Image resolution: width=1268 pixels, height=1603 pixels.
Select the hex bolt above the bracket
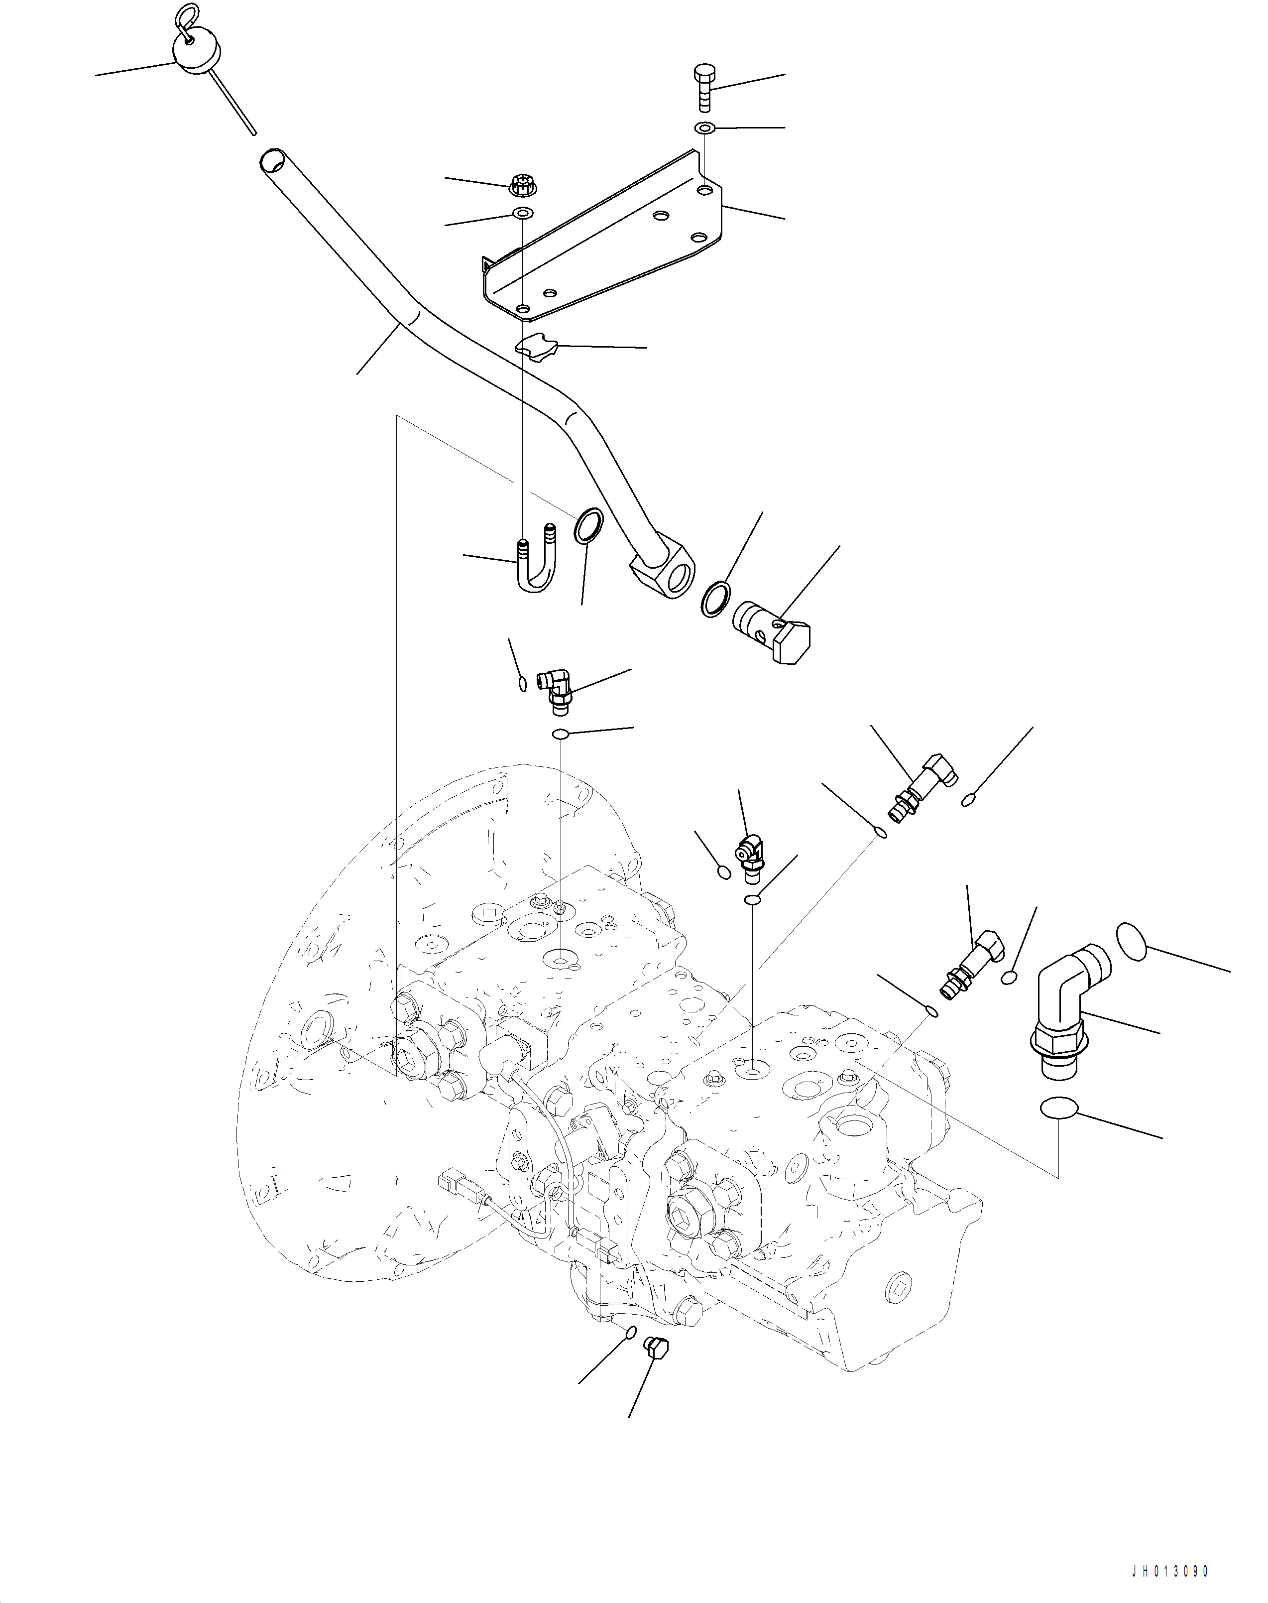pyautogui.click(x=704, y=87)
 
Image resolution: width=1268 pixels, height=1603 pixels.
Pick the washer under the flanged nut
pyautogui.click(x=523, y=215)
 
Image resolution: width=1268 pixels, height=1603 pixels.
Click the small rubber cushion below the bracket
pyautogui.click(x=536, y=348)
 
